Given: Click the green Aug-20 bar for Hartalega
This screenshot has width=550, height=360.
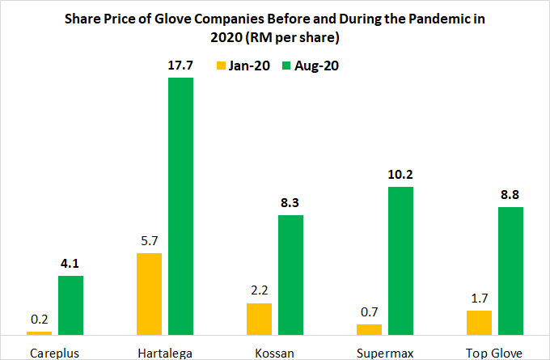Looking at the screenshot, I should click(x=180, y=205).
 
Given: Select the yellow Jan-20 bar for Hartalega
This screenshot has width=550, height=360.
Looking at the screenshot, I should click(x=149, y=294).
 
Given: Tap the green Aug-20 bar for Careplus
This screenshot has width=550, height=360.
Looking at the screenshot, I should click(x=70, y=305).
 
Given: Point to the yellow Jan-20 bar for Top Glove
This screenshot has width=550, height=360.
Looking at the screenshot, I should click(x=479, y=322).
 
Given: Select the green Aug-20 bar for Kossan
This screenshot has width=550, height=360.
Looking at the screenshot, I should click(x=290, y=274).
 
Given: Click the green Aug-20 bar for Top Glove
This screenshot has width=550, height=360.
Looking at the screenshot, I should click(x=510, y=270).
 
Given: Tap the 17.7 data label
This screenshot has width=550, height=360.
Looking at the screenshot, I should click(x=180, y=66).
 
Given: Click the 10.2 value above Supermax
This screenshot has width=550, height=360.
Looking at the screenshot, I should click(x=400, y=175).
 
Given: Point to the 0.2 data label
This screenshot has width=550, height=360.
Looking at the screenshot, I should click(x=39, y=319).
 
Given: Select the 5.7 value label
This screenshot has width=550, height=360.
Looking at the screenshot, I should click(x=149, y=240).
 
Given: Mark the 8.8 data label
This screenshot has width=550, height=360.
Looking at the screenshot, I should click(x=510, y=194).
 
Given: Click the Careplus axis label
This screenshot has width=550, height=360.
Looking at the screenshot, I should click(x=54, y=350).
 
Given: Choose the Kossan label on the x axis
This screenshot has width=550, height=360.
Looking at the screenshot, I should click(x=274, y=350).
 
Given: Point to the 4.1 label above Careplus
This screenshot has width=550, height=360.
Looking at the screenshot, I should click(x=70, y=264).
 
